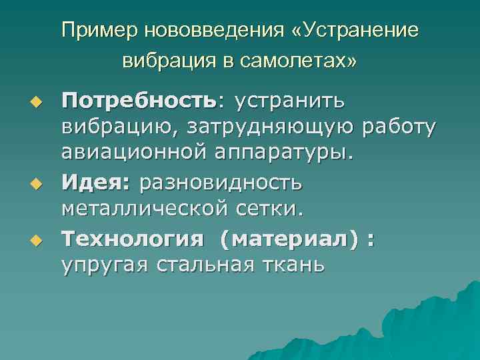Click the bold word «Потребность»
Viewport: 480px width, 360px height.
point(139,103)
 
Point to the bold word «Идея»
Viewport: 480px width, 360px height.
point(94,182)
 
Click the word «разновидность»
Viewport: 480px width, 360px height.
point(221,182)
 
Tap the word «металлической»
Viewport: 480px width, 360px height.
point(145,209)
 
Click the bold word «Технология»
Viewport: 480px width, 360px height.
point(127,237)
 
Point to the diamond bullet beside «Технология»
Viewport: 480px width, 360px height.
point(38,239)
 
